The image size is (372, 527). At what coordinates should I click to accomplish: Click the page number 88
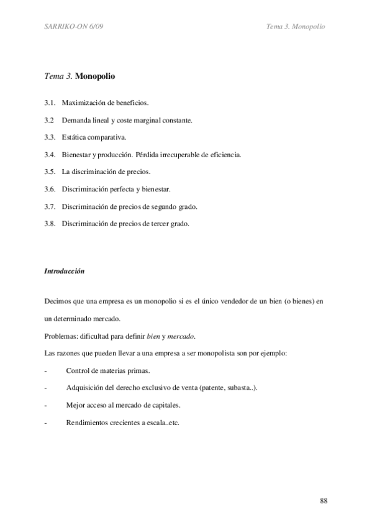(x=324, y=501)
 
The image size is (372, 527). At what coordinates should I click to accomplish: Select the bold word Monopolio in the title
(x=95, y=76)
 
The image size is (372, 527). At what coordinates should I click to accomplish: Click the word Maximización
(x=83, y=101)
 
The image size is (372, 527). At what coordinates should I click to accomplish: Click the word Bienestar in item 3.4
(x=77, y=154)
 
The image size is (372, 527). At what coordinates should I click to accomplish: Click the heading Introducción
(x=65, y=271)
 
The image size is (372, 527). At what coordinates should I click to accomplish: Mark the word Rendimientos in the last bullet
(x=86, y=423)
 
